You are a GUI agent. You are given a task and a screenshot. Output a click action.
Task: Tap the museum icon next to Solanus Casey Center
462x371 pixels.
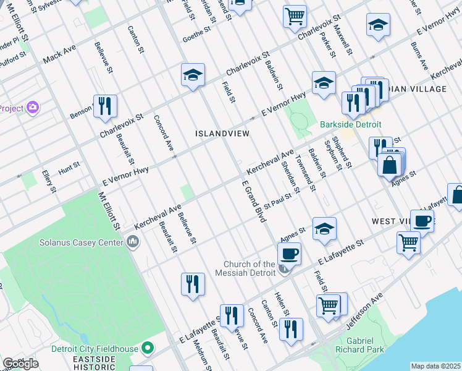(132, 242)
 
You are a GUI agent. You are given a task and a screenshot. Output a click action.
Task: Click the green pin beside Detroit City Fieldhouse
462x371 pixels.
(147, 349)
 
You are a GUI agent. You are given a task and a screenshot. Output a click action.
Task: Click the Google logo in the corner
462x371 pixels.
(20, 364)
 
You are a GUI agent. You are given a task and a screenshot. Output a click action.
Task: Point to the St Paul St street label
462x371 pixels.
(277, 200)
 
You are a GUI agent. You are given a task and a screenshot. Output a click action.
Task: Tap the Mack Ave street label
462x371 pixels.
(59, 58)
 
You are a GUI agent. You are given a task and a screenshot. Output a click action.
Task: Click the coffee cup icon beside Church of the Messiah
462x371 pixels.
(289, 253)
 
